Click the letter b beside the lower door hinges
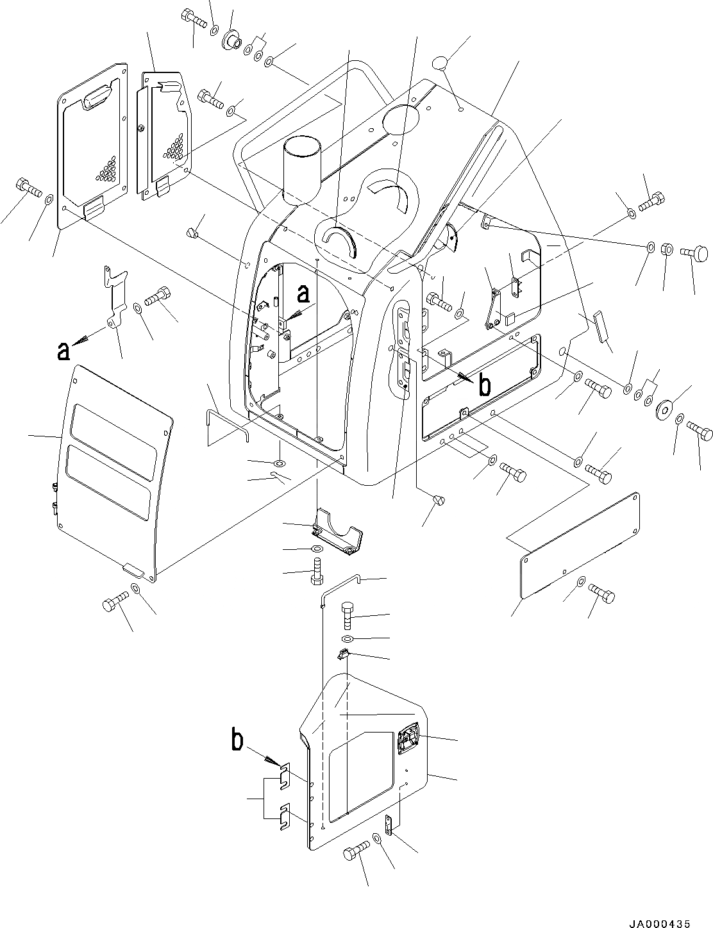tap(238, 742)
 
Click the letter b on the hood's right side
tap(485, 385)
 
